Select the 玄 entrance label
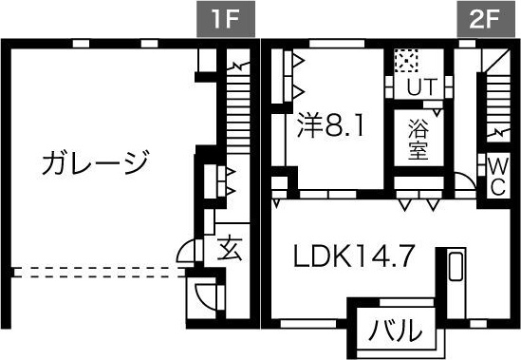[231, 249]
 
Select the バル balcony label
[396, 332]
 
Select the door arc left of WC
[466, 181]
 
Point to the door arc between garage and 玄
[187, 252]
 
